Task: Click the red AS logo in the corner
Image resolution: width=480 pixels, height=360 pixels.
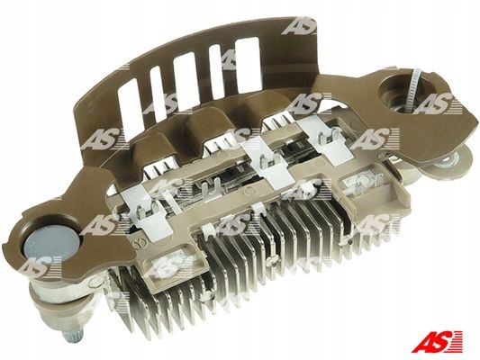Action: [x=437, y=341]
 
